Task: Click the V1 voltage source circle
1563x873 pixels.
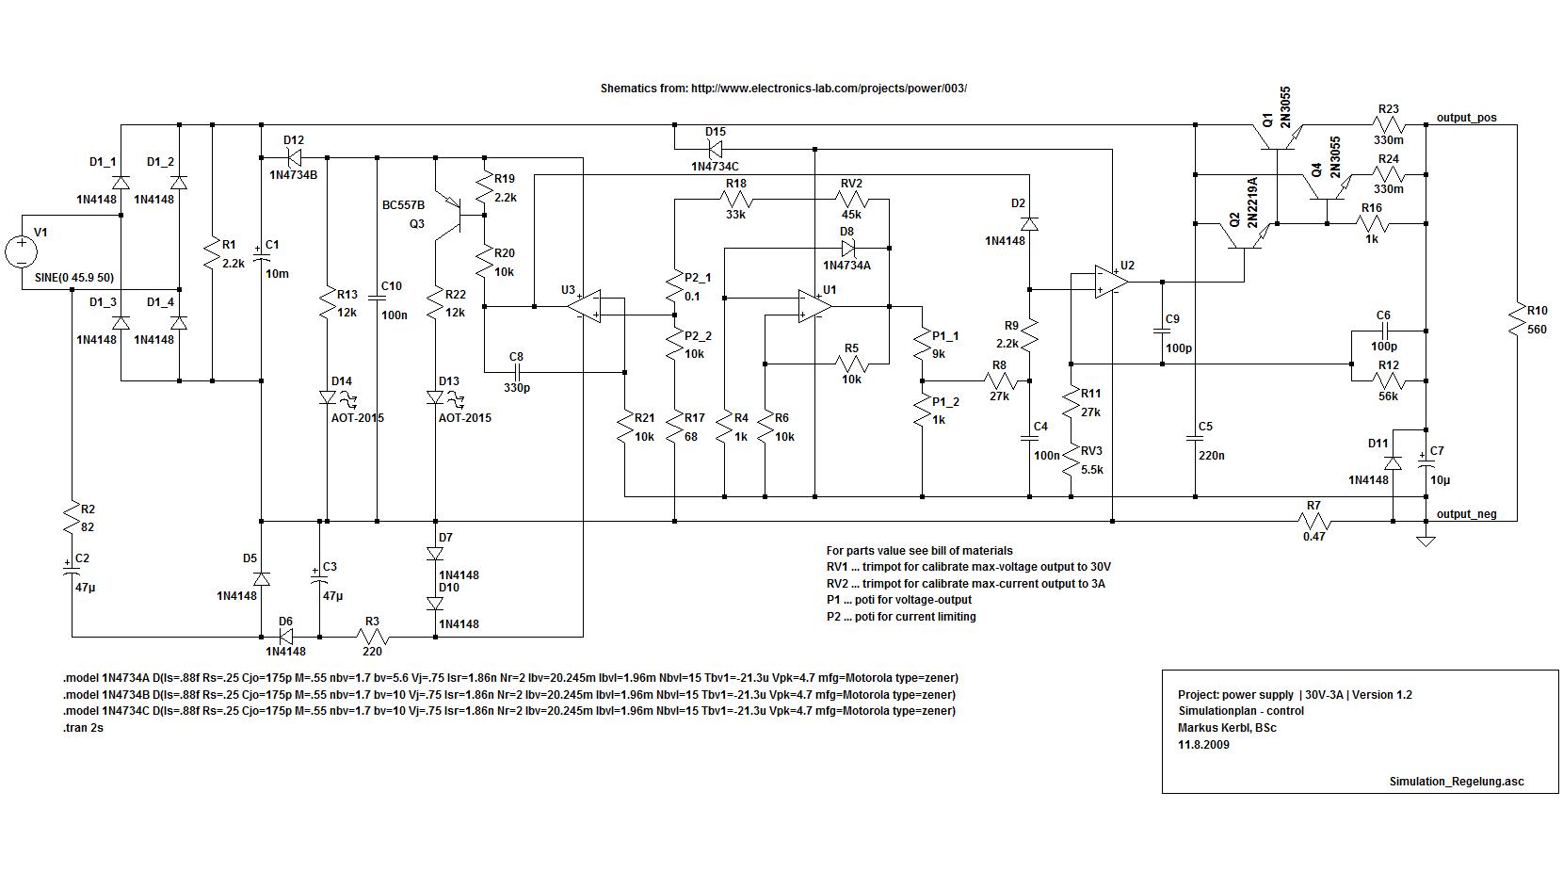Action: (x=22, y=252)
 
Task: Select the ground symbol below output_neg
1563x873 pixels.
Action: (x=1426, y=541)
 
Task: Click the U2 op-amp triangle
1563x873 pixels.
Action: (x=1111, y=282)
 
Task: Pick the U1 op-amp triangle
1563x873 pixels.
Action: (x=815, y=306)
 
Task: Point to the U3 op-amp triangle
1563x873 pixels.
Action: (x=585, y=306)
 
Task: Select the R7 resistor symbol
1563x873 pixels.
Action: (x=1314, y=522)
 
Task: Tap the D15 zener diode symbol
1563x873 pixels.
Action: (x=715, y=149)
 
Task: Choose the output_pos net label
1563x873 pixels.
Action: (x=1466, y=118)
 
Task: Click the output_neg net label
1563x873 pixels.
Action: (x=1467, y=514)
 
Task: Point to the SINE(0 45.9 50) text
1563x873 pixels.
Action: (x=74, y=278)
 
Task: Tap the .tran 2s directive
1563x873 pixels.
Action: (x=83, y=727)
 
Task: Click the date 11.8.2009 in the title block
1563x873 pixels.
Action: (x=1203, y=745)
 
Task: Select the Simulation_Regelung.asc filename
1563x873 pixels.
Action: (x=1457, y=782)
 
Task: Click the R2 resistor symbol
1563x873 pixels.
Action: (x=72, y=519)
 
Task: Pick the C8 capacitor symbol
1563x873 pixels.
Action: (x=516, y=372)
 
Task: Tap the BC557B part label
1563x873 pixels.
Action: (x=403, y=205)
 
